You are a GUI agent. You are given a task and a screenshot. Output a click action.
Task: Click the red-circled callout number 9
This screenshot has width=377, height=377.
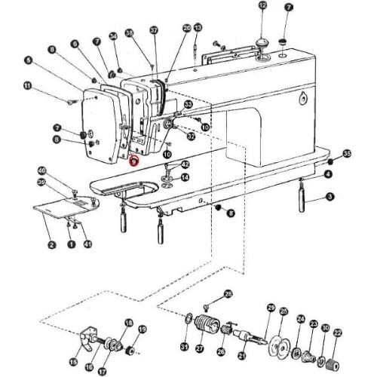pos(133,160)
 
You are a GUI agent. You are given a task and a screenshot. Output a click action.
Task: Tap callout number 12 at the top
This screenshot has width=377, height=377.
pos(262,5)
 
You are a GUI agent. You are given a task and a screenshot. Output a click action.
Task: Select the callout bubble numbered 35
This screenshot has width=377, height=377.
pos(347,153)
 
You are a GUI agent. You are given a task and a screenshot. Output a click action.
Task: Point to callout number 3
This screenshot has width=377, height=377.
pos(329,197)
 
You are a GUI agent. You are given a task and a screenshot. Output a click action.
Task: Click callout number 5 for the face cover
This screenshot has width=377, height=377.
pos(28,60)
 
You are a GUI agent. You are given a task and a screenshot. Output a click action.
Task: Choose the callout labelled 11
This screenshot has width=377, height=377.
pos(28,86)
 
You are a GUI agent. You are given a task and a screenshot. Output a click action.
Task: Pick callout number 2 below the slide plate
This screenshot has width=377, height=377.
pos(51,244)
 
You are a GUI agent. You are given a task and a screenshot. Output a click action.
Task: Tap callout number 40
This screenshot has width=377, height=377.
pos(41,170)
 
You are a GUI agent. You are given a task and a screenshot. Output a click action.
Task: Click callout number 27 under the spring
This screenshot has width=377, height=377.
pos(200,349)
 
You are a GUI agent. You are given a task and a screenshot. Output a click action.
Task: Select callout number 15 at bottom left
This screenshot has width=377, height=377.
pos(74,362)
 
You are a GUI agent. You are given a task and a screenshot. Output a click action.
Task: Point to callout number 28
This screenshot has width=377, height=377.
pos(229,293)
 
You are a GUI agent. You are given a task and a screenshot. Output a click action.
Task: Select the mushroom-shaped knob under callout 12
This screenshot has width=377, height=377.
pos(262,41)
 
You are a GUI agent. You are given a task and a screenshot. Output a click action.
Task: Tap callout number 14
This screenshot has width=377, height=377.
pos(185,177)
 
